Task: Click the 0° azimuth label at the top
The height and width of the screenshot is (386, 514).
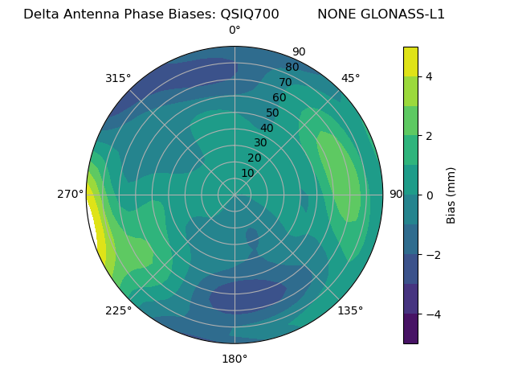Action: pyautogui.click(x=235, y=31)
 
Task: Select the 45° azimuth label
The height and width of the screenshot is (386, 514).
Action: pyautogui.click(x=351, y=78)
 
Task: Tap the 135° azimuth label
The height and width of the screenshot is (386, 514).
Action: pyautogui.click(x=350, y=310)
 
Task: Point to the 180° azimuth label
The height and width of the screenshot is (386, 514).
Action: pyautogui.click(x=235, y=359)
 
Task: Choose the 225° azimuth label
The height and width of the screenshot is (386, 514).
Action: pyautogui.click(x=118, y=310)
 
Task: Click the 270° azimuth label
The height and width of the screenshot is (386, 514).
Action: pyautogui.click(x=71, y=194)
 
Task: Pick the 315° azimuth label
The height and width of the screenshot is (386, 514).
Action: pyautogui.click(x=118, y=78)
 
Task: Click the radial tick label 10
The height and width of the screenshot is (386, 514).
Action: pyautogui.click(x=247, y=173)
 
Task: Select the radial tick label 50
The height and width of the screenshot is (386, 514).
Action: pyautogui.click(x=273, y=113)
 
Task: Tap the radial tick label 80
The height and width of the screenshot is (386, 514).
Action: pyautogui.click(x=292, y=67)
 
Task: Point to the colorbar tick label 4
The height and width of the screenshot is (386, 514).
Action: pyautogui.click(x=430, y=76)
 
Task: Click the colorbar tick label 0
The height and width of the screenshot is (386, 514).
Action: pyautogui.click(x=430, y=195)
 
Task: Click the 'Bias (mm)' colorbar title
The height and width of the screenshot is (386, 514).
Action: pyautogui.click(x=451, y=195)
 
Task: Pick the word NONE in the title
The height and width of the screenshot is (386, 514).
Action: pyautogui.click(x=336, y=14)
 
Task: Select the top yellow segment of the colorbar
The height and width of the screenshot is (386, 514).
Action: pyautogui.click(x=410, y=61)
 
